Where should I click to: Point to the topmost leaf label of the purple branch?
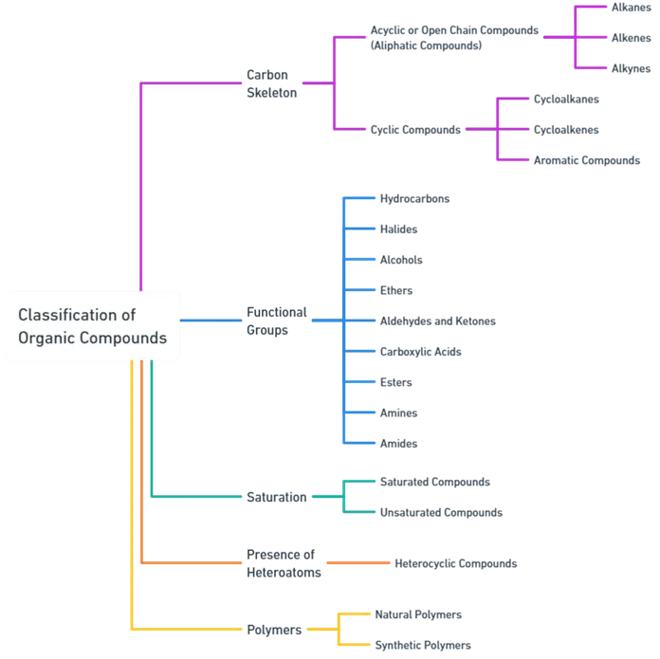(631, 7)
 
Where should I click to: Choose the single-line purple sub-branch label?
(414, 129)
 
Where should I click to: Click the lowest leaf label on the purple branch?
(587, 159)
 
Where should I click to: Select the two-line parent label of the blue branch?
(277, 322)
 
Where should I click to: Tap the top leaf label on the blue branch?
(416, 198)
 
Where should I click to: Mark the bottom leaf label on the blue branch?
(401, 443)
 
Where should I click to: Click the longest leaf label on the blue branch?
(438, 320)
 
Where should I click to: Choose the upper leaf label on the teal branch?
(435, 483)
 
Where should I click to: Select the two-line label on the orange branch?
(284, 562)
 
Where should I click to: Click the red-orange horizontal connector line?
(358, 563)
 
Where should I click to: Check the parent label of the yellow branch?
(273, 629)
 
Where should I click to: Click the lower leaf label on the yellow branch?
(423, 645)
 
